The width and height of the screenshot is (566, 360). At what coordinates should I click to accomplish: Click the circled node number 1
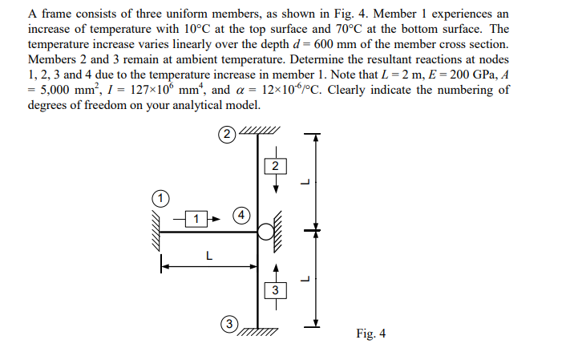160,196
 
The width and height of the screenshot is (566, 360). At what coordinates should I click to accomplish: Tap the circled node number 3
229,324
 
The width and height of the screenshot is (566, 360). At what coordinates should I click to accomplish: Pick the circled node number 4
242,215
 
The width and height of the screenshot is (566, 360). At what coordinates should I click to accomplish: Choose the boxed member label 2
275,167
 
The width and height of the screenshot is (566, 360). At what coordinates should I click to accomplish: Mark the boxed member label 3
275,289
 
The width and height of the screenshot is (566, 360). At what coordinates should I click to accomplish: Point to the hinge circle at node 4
265,233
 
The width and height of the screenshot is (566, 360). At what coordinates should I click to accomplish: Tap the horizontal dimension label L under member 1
208,257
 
